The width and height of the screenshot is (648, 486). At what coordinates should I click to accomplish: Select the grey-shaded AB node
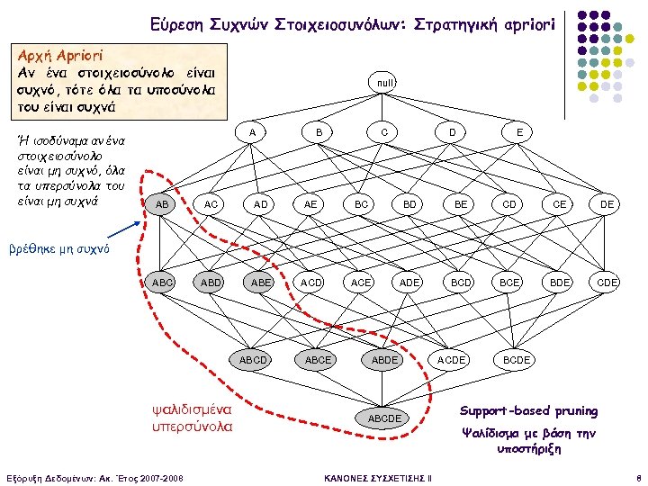click(162, 205)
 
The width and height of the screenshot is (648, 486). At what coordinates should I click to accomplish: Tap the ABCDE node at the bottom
click(384, 418)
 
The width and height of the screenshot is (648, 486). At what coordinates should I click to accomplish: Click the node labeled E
click(519, 131)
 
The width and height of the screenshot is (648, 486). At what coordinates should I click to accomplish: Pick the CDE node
click(607, 283)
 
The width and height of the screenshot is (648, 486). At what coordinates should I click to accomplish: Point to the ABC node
click(163, 283)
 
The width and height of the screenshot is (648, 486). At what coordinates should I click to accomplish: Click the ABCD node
click(253, 360)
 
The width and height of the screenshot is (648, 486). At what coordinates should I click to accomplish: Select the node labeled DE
click(607, 205)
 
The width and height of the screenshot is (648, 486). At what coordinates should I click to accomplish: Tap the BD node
click(409, 205)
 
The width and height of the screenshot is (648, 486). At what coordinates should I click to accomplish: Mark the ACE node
click(360, 283)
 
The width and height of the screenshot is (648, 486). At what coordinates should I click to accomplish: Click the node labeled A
click(253, 131)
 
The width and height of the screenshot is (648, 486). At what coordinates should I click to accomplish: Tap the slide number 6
click(636, 476)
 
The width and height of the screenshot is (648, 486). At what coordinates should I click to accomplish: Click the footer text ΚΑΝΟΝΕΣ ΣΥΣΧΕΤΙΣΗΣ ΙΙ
click(377, 476)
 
